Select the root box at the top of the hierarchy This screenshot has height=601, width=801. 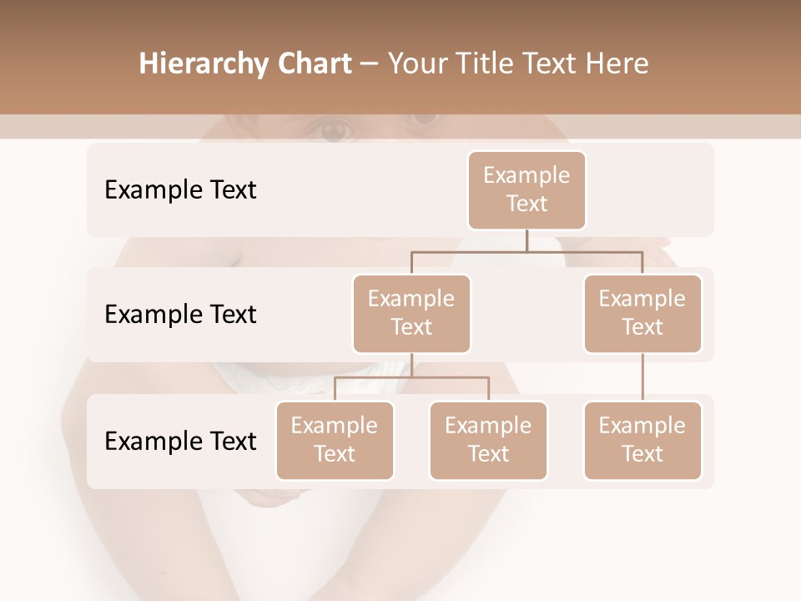(526, 189)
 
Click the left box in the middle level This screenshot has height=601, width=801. (411, 313)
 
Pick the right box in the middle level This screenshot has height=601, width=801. (642, 313)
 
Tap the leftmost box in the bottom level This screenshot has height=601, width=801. (335, 440)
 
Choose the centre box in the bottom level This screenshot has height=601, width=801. (488, 440)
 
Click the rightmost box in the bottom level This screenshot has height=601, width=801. (642, 440)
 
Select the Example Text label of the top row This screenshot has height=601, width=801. (180, 189)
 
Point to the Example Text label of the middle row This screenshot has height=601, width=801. (180, 314)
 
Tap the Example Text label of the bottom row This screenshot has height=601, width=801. (180, 441)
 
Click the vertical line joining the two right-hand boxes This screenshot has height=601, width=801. (642, 377)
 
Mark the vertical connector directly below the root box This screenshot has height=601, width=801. (526, 240)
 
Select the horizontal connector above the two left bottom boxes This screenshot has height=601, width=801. (411, 377)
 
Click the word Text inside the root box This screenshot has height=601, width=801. (526, 204)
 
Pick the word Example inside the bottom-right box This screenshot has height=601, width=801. (642, 426)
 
